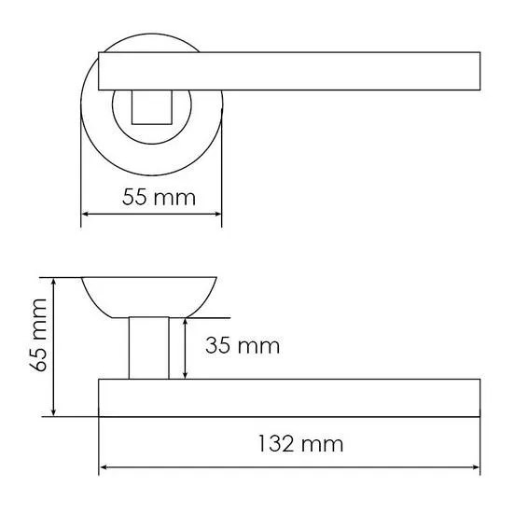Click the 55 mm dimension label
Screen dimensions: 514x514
(159, 198)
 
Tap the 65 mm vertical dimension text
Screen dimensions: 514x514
(38, 335)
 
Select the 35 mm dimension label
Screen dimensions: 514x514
(243, 345)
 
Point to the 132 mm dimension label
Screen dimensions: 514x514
(301, 443)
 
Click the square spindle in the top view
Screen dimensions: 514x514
(152, 107)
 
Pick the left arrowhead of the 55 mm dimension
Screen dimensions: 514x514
(85, 215)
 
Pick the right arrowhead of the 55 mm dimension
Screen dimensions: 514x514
(217, 215)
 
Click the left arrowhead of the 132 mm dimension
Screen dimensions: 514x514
(103, 467)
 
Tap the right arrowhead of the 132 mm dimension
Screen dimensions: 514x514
(476, 467)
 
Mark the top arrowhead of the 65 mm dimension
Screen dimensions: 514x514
(54, 282)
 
